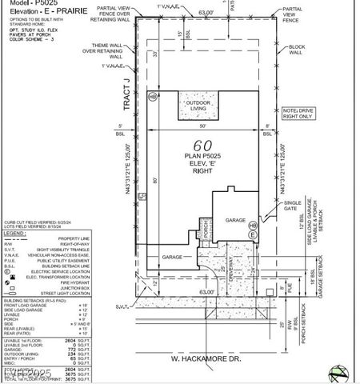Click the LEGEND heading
click(x=15, y=233)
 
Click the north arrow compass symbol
click(x=339, y=371)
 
